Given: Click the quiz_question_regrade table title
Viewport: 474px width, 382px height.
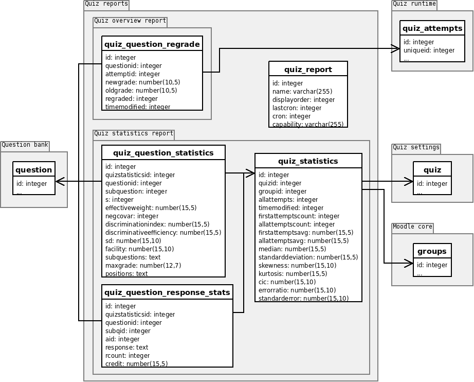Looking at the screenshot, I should pyautogui.click(x=152, y=44).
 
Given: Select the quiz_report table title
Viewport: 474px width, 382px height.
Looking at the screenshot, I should pyautogui.click(x=308, y=70).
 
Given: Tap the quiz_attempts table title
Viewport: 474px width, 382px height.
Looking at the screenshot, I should pyautogui.click(x=432, y=28).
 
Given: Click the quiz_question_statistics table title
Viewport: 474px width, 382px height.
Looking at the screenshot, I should pyautogui.click(x=163, y=152).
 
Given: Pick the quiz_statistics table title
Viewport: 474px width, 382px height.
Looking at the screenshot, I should pyautogui.click(x=308, y=161).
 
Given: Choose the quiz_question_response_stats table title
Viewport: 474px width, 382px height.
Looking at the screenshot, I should pyautogui.click(x=167, y=292).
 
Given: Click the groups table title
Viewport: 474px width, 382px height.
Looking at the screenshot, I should pyautogui.click(x=432, y=251).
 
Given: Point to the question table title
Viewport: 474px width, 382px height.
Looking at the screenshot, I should pyautogui.click(x=34, y=170).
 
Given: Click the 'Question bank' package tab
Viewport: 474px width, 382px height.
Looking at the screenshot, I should pyautogui.click(x=25, y=145).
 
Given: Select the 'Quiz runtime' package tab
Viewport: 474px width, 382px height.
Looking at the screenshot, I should pyautogui.click(x=414, y=4).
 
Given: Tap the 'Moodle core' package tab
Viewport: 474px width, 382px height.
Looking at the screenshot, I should pyautogui.click(x=413, y=227).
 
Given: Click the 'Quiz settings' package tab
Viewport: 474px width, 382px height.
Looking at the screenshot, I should pyautogui.click(x=416, y=148).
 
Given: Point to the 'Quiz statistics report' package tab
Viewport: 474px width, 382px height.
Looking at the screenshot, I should pyautogui.click(x=134, y=134).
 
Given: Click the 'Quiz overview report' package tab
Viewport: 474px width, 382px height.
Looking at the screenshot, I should pyautogui.click(x=130, y=22).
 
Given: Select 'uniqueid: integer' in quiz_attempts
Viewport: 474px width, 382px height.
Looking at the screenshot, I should pyautogui.click(x=429, y=50).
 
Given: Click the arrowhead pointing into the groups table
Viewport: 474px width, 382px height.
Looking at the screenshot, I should pyautogui.click(x=409, y=263).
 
